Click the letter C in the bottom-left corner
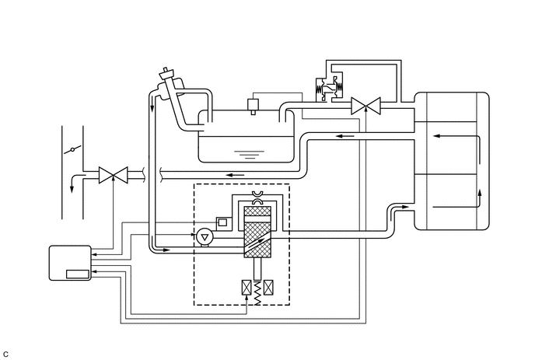[5, 355]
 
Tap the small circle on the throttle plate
[72, 149]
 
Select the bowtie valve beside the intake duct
[114, 175]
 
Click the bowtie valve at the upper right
[365, 106]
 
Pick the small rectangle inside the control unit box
[78, 274]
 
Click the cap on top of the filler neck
[166, 73]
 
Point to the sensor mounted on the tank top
[253, 105]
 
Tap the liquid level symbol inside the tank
[250, 155]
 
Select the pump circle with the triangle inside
[205, 237]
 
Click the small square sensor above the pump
[222, 222]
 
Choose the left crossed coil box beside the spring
[247, 287]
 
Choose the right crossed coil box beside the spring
[268, 287]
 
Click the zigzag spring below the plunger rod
[257, 293]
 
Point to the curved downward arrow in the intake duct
[76, 182]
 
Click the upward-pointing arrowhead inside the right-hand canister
[480, 193]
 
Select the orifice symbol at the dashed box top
[257, 198]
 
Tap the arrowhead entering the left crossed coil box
[247, 299]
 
